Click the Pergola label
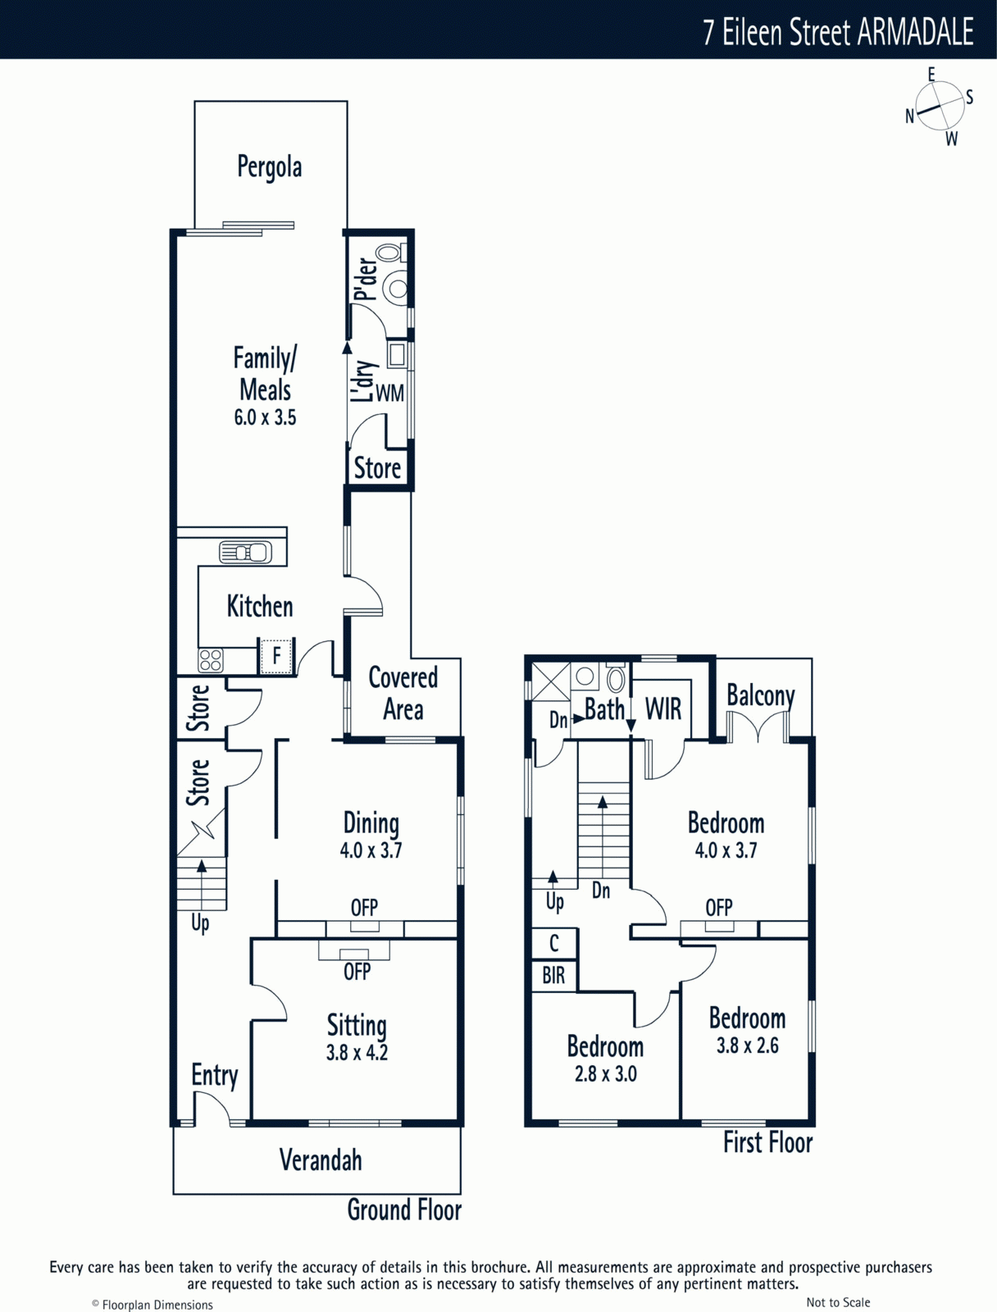pos(270,167)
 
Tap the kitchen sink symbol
pos(245,553)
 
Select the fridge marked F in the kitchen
pos(276,656)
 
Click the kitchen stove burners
pos(210,660)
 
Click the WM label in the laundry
pos(389,394)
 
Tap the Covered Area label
pos(403,694)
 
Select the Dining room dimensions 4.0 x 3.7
pos(371,850)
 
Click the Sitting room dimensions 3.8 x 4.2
pos(357,1052)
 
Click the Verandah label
pos(321,1160)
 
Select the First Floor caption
pos(768,1141)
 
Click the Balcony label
pos(760,696)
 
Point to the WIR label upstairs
pos(663,709)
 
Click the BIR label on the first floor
pos(553,976)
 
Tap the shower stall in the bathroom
pos(551,681)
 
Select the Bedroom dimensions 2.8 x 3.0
pos(606,1073)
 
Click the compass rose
pos(940,106)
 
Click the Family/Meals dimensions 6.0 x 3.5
pos(265,417)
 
